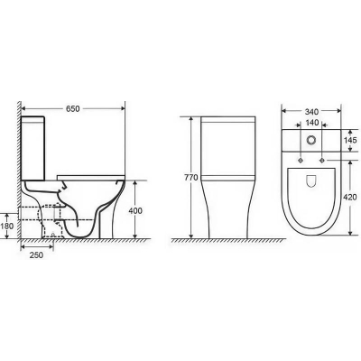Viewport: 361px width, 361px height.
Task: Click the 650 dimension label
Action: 73,108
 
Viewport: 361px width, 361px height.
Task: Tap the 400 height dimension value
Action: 135,211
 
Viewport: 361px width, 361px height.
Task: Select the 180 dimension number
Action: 7,226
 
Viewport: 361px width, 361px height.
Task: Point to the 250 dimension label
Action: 36,255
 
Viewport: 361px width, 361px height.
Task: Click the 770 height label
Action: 191,178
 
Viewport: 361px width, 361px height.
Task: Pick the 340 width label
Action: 311,112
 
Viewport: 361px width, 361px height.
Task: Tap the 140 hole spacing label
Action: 311,123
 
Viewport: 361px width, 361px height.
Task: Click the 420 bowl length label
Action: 350,198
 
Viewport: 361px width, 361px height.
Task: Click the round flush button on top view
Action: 311,140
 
